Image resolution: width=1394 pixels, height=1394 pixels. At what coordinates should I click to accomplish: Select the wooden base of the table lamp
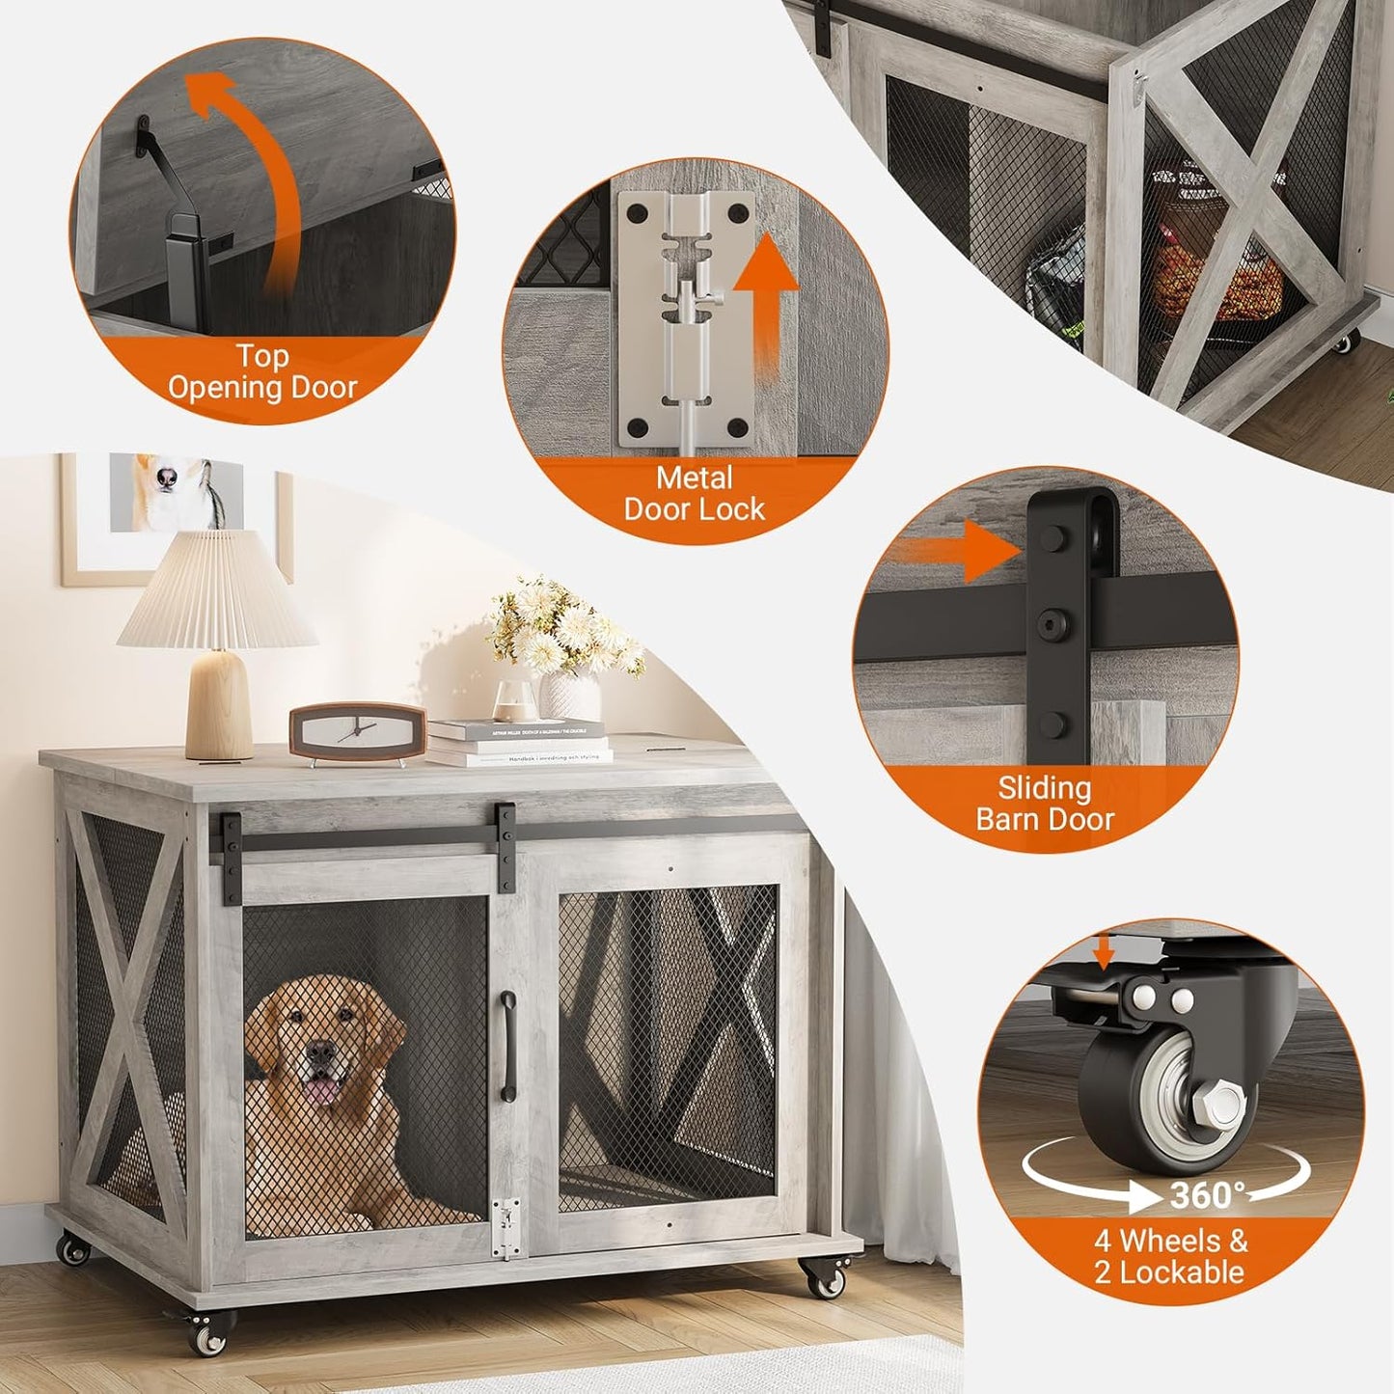tap(219, 703)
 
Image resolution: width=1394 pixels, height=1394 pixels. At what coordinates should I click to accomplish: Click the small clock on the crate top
tap(357, 732)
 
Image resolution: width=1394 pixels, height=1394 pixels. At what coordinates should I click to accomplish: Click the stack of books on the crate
tap(518, 744)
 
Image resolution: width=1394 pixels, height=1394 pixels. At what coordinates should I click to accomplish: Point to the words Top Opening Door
tap(262, 372)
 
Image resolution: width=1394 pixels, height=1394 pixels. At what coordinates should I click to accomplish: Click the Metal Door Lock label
tap(694, 494)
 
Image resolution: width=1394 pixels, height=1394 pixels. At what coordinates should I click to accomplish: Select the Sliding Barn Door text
tap(1045, 804)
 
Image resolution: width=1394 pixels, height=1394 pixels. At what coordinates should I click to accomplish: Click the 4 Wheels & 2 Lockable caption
tap(1169, 1256)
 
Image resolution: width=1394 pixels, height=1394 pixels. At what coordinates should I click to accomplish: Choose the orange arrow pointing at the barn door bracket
tap(954, 552)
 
